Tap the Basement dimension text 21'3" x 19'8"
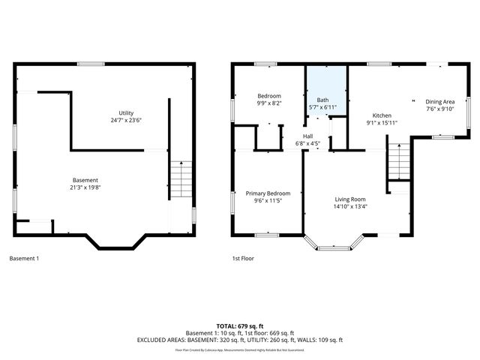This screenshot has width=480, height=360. (x=85, y=187)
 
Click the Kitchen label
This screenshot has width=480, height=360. (x=382, y=115)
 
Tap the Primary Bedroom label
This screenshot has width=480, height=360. (x=268, y=193)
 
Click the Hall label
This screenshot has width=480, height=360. (x=307, y=136)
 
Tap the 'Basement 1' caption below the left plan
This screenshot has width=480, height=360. (x=25, y=259)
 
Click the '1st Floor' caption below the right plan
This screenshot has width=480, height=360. (x=243, y=259)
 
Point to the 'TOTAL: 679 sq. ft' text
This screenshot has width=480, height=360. (x=239, y=325)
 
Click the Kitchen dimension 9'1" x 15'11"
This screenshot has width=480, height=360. (x=382, y=123)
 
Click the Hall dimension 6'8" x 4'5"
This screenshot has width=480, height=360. (x=307, y=143)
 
